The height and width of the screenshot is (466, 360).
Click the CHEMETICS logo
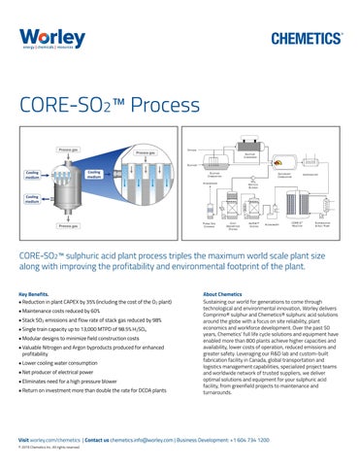pyautogui.click(x=300, y=39)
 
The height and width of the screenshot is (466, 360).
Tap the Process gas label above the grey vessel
pyautogui.click(x=68, y=150)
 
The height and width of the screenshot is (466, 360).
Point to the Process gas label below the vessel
pyautogui.click(x=68, y=226)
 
